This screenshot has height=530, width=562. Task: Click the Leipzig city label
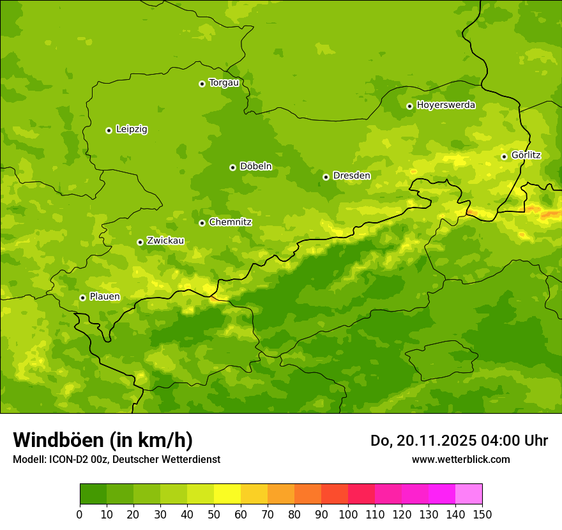(x=132, y=130)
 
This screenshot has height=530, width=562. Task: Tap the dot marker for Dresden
(x=326, y=177)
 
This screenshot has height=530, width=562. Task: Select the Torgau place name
(x=224, y=83)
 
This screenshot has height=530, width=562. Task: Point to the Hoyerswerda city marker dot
(x=409, y=106)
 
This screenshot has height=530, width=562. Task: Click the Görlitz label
(x=526, y=155)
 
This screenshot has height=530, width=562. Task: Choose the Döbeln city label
(x=255, y=167)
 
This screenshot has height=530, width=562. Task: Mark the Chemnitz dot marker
(x=202, y=223)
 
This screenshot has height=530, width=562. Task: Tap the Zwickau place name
(x=165, y=241)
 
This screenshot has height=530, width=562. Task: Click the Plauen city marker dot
(x=82, y=298)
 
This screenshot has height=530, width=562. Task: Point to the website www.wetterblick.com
(x=460, y=459)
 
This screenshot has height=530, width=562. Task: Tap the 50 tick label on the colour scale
(x=214, y=513)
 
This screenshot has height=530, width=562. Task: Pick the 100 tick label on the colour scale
(x=348, y=513)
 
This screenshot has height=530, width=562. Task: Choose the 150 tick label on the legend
(x=482, y=513)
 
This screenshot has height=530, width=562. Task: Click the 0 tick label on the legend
(x=80, y=513)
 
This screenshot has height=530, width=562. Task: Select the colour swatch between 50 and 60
(x=227, y=494)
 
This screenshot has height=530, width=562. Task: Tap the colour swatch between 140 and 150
(x=469, y=494)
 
